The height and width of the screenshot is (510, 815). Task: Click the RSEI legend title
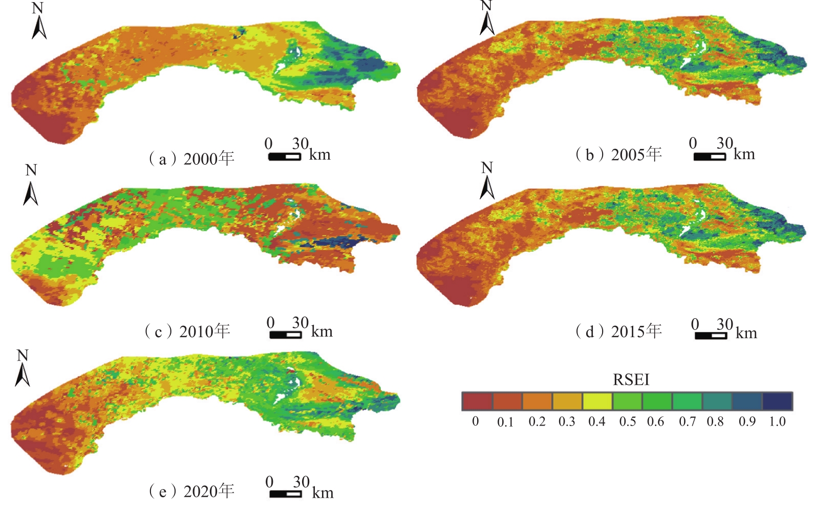click(631, 380)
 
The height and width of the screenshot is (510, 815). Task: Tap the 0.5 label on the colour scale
click(627, 422)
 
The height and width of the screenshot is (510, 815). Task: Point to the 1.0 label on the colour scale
click(777, 422)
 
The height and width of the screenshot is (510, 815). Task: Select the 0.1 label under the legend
click(505, 422)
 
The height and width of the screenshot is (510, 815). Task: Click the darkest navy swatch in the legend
click(777, 401)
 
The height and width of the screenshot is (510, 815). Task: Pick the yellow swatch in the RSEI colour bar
click(597, 401)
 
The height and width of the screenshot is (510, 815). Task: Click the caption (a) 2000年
click(191, 159)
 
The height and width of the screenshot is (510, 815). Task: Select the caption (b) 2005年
click(618, 154)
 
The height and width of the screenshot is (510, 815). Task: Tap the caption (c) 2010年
click(187, 331)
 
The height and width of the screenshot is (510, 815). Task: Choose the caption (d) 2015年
click(618, 331)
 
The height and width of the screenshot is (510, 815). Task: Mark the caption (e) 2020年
click(191, 491)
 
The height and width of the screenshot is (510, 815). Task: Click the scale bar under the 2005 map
click(710, 157)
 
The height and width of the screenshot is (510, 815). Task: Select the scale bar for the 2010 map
click(285, 335)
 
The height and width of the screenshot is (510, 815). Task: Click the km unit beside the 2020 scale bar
click(323, 493)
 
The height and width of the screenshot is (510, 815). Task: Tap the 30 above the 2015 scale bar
click(724, 324)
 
